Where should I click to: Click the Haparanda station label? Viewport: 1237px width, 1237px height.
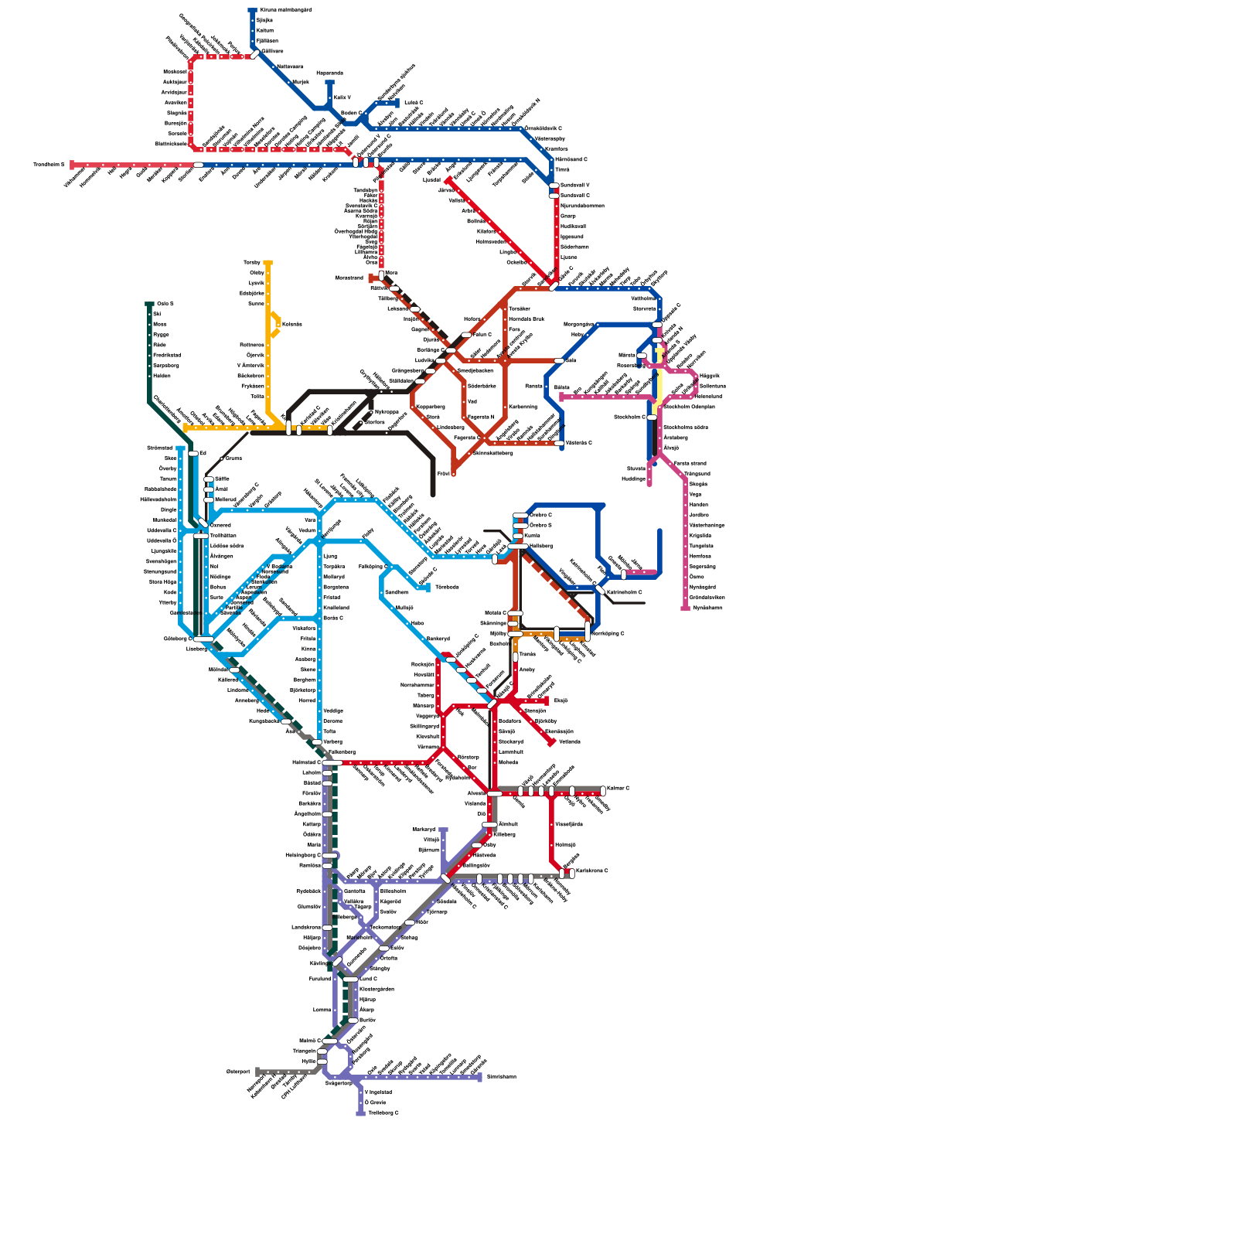pos(329,73)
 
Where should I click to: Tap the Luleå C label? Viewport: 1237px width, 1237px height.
pos(414,102)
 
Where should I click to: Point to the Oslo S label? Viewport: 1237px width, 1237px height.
pos(165,304)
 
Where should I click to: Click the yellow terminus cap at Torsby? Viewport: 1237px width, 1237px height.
pos(268,263)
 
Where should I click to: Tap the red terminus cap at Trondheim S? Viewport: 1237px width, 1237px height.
pos(72,165)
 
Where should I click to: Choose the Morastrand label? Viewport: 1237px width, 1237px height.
pos(349,278)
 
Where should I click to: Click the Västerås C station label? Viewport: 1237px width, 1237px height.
pos(578,443)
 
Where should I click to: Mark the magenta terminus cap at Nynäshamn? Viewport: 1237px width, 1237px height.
pos(685,608)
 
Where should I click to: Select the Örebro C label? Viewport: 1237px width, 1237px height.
pos(540,515)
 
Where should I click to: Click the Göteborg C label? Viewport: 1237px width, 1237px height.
pos(177,639)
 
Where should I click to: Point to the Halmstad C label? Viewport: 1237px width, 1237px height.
pos(306,762)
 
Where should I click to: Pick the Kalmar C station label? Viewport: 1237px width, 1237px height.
pos(618,789)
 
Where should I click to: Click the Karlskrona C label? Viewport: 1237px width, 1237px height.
pos(591,871)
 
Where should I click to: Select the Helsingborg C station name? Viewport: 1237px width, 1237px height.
pos(302,855)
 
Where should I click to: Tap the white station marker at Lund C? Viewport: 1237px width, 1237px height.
pos(351,979)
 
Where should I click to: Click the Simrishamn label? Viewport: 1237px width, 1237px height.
pos(501,1076)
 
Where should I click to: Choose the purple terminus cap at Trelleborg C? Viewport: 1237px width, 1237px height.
pos(360,1113)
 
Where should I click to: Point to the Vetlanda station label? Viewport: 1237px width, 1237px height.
pos(569,741)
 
